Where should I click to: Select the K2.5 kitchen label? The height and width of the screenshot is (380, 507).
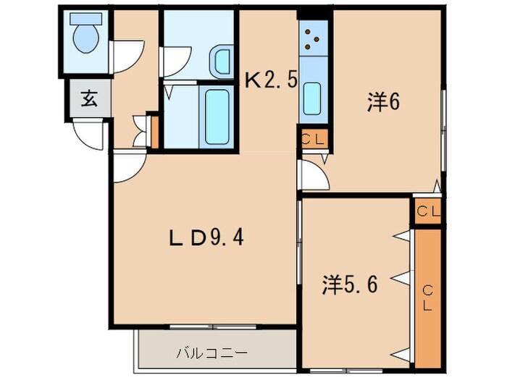click(271, 79)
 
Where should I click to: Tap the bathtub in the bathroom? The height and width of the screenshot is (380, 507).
click(218, 116)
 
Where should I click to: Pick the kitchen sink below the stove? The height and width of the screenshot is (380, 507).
click(312, 95)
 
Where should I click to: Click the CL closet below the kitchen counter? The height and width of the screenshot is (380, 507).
click(314, 138)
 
